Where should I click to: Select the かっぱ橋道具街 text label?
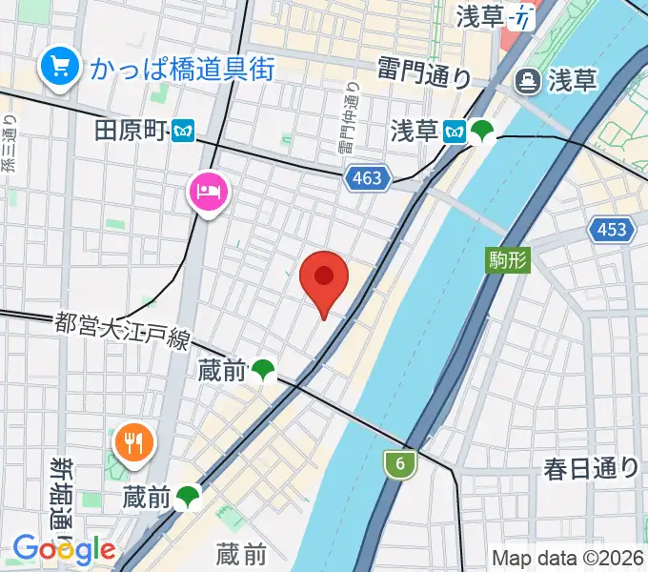point(183,68)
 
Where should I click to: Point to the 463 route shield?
point(366,177)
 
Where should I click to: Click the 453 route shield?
point(609,229)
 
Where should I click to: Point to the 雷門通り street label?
point(423,71)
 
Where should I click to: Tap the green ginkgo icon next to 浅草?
point(484,131)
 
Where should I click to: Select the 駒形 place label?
point(507,257)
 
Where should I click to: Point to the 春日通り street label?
point(591,468)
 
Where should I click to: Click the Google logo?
point(64,549)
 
